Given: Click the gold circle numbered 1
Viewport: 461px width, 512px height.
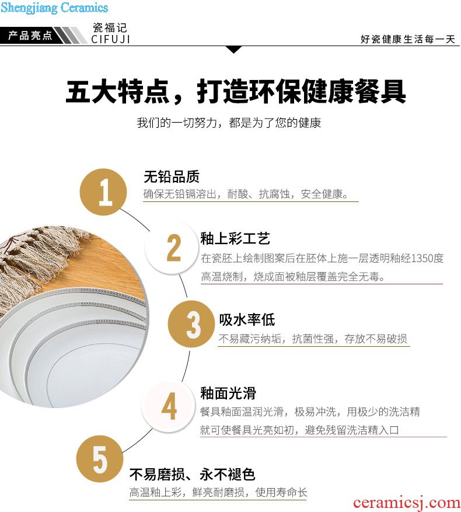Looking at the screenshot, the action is click(x=103, y=192).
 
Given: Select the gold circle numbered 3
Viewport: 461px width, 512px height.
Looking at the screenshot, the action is click(x=191, y=324).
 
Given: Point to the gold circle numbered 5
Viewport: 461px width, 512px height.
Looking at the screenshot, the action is click(x=100, y=459).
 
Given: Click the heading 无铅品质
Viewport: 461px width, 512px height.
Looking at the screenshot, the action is click(x=172, y=177).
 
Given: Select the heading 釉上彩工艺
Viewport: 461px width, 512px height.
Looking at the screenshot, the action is click(x=235, y=239).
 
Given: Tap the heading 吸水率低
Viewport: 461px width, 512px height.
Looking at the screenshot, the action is click(x=247, y=320).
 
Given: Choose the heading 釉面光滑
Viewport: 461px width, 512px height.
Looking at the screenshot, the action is click(x=228, y=393).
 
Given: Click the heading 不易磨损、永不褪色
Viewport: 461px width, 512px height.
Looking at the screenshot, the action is click(x=193, y=475).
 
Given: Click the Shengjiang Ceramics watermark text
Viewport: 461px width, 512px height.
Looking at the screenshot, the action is click(x=54, y=8).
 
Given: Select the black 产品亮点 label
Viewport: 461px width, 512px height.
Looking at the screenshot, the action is click(x=30, y=35).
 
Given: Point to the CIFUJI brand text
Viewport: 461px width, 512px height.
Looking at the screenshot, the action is click(x=111, y=39).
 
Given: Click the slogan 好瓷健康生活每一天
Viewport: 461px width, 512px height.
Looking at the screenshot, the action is click(x=408, y=39).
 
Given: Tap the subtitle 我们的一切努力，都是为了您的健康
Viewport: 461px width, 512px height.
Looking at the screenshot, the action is click(x=229, y=123).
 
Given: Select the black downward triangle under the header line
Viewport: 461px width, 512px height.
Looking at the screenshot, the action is click(x=234, y=50).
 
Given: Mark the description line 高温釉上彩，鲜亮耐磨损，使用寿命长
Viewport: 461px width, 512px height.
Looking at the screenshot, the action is click(x=218, y=492).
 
